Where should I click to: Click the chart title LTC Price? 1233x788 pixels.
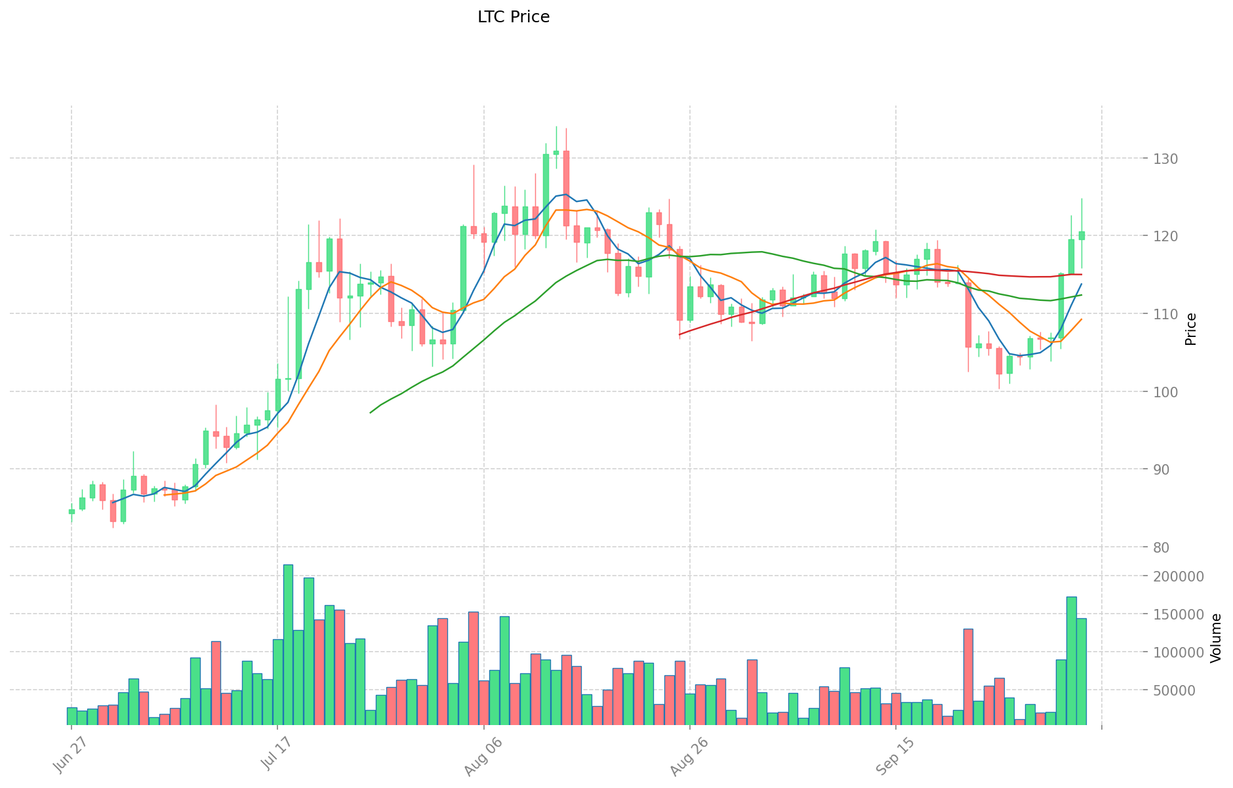point(514,18)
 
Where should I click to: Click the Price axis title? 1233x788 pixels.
point(1191,329)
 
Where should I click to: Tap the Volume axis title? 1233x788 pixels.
point(1217,638)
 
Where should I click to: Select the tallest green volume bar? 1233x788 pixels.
point(288,644)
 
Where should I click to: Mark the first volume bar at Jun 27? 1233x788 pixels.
point(71,716)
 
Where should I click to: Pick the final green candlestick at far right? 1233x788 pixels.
point(1081,235)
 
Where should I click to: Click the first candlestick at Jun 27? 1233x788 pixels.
point(71,511)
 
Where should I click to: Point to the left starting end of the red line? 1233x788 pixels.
point(680,334)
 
